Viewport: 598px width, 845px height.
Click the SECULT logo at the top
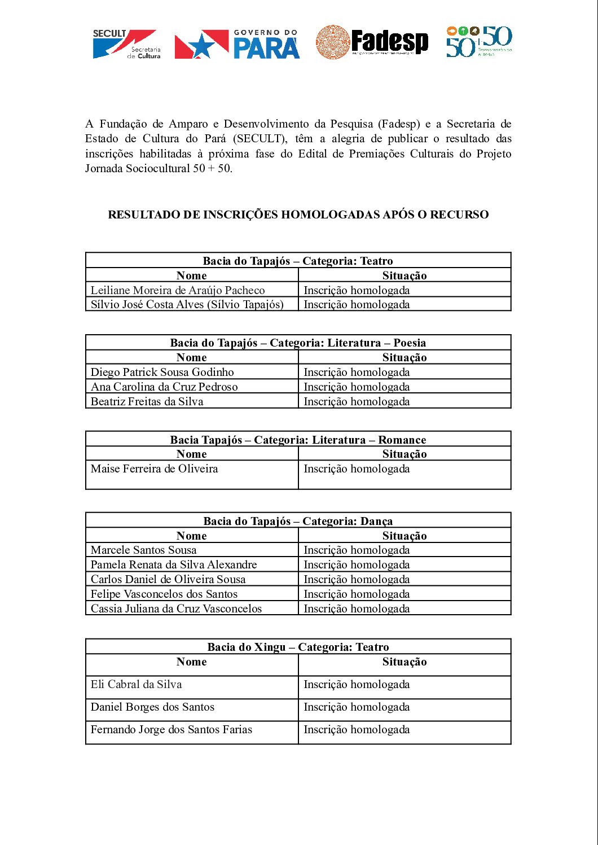pos(126,44)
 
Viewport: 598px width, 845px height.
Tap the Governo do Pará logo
pos(237,45)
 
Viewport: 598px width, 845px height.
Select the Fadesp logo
pos(372,42)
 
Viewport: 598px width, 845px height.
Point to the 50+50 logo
pos(479,42)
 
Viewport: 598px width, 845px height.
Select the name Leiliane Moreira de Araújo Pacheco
pos(178,290)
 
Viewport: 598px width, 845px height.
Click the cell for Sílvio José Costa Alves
pos(187,304)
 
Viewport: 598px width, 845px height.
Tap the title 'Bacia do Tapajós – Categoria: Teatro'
pos(298,261)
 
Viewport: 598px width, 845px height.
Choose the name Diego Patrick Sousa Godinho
pos(162,372)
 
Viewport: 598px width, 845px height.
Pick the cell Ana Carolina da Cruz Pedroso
pos(164,387)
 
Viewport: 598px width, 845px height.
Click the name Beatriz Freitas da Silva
pos(147,401)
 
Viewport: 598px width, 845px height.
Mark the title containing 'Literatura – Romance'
pos(298,440)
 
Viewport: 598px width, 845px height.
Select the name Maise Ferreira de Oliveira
pos(154,469)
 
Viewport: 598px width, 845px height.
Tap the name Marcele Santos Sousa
pos(143,550)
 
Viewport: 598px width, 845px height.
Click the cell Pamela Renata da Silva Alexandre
pos(174,564)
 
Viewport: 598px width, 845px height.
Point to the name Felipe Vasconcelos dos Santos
pos(164,594)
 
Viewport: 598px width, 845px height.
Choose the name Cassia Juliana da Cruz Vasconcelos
pos(176,608)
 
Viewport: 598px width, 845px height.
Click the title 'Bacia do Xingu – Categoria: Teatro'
pos(298,647)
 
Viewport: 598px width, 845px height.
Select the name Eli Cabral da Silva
pos(136,684)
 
